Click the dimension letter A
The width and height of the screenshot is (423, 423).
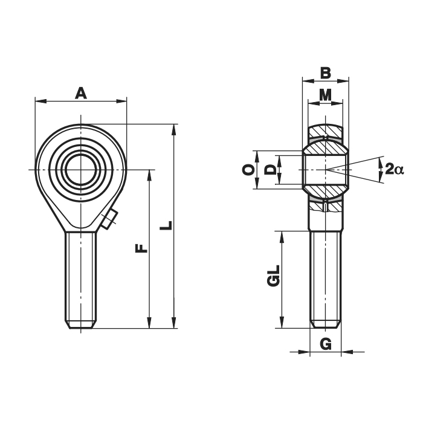(80, 93)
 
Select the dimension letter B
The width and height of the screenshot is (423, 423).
(325, 73)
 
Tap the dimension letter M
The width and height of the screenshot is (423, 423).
(325, 94)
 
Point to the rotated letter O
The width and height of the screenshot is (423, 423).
(249, 170)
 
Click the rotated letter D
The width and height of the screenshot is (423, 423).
(270, 170)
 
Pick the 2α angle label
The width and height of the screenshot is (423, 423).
(394, 169)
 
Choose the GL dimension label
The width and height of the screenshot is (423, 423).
(273, 276)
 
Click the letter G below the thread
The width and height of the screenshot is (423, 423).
(326, 344)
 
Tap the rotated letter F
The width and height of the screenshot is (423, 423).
(141, 248)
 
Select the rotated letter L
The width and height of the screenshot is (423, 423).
(166, 225)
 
